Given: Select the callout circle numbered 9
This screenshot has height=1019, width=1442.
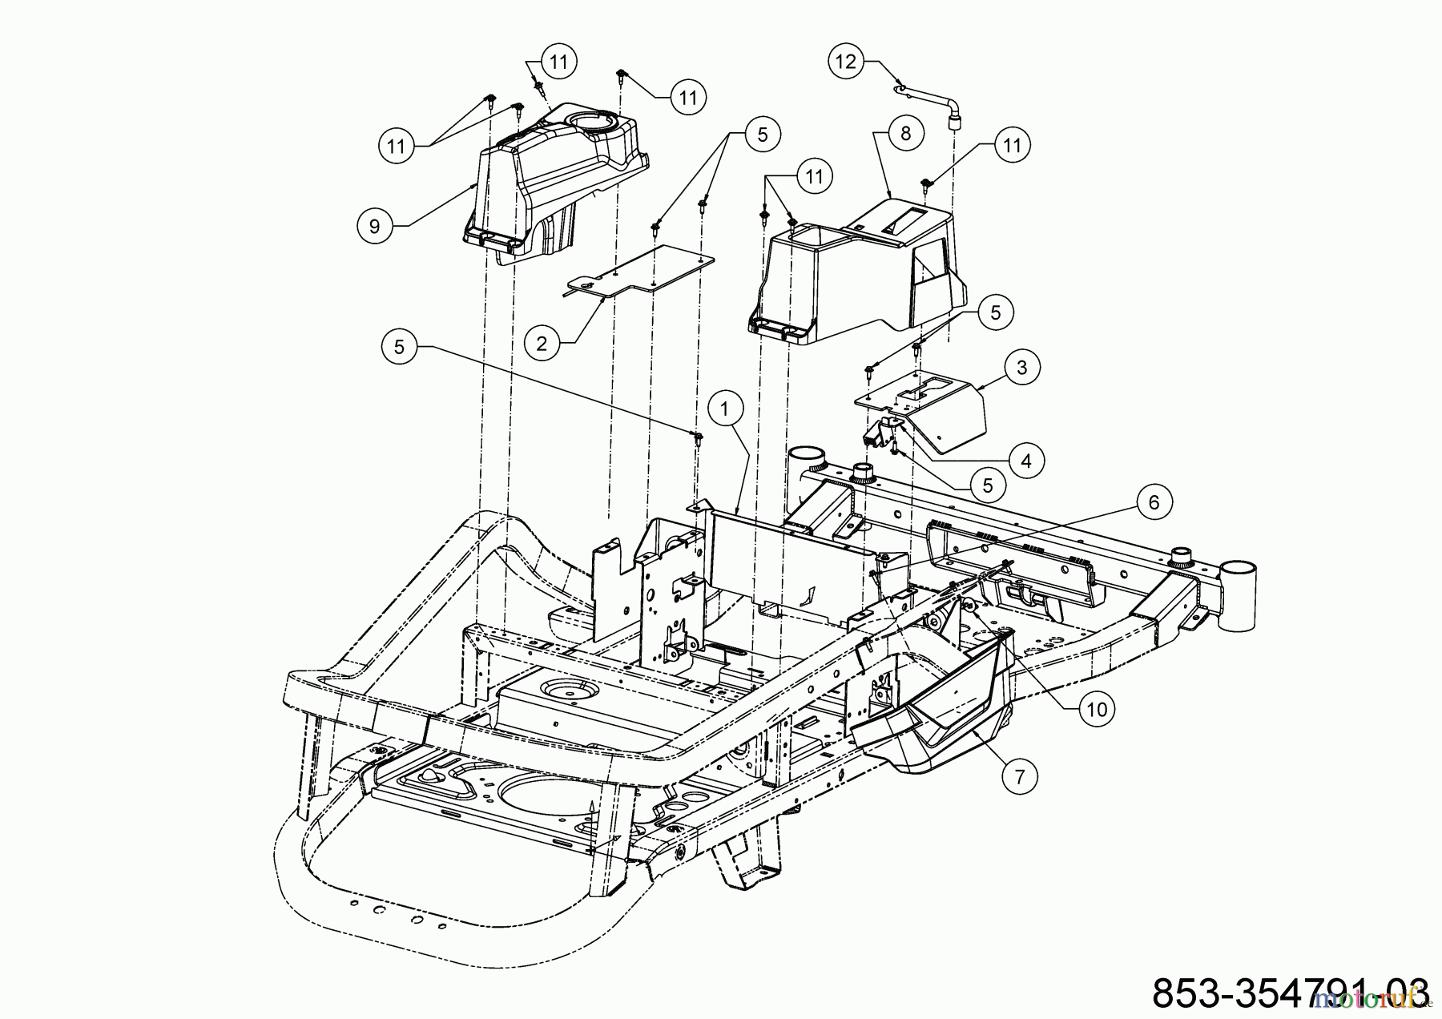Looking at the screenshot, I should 374,227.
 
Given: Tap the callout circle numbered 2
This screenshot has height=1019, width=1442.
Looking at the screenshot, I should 542,344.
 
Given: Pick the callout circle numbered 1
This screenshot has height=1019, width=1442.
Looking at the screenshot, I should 725,409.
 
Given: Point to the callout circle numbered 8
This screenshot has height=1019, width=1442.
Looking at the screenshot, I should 905,133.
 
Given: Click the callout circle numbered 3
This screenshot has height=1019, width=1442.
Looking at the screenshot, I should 1021,368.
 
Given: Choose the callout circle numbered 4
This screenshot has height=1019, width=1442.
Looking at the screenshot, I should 1026,460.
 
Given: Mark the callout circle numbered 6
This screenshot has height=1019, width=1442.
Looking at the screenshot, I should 1154,502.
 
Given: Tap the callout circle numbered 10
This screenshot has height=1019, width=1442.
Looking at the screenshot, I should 1097,708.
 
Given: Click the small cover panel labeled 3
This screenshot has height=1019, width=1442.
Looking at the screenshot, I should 937,409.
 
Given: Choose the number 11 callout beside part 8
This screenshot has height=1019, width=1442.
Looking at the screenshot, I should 1012,145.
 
